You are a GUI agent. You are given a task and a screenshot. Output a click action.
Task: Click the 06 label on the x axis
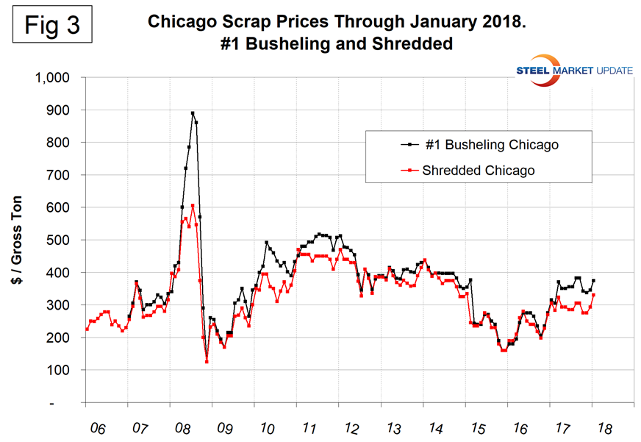tap(93, 427)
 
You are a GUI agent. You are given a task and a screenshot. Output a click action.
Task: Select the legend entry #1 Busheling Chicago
tap(490, 145)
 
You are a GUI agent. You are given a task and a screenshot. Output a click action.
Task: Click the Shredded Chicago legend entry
tap(478, 170)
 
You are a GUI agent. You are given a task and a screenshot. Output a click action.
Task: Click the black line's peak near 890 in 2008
tap(193, 113)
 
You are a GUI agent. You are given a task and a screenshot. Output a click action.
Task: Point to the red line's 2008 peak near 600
tap(193, 206)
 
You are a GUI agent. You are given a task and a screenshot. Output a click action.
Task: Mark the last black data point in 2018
tap(593, 281)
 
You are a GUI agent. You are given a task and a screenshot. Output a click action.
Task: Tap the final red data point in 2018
tap(593, 295)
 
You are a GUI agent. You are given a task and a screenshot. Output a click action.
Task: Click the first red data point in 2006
tap(87, 329)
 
